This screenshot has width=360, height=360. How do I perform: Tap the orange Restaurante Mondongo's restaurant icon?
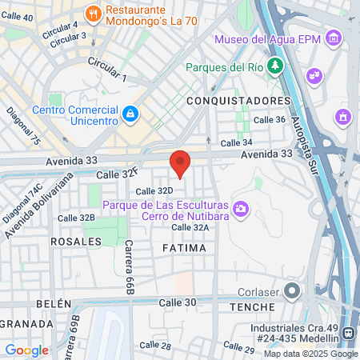click(x=94, y=13)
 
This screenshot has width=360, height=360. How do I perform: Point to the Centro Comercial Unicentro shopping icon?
click(x=130, y=116)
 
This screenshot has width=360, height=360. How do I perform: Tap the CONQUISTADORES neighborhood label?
click(x=238, y=101)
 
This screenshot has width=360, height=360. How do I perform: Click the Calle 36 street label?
click(x=269, y=119)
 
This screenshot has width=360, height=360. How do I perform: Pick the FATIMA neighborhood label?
click(x=183, y=249)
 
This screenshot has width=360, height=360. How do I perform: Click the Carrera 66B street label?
click(x=127, y=268)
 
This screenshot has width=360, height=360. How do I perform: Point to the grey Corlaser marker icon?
click(x=292, y=290)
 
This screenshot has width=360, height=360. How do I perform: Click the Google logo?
click(x=26, y=350)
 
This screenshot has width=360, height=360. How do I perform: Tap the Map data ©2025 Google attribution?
click(x=311, y=354)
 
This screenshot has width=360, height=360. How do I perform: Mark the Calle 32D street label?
click(x=154, y=190)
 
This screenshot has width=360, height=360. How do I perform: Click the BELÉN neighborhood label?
click(x=54, y=305)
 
